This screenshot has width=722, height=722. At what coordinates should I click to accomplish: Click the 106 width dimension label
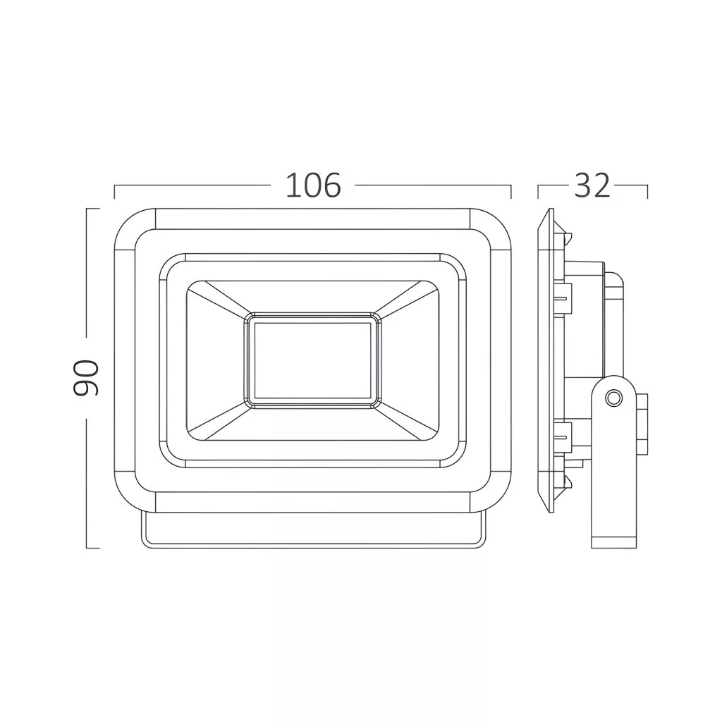tap(313, 185)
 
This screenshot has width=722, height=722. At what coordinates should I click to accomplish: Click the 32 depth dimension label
tap(592, 185)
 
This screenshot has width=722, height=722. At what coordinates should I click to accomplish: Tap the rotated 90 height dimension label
tap(86, 379)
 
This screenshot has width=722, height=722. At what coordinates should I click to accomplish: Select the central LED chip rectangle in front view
tap(312, 360)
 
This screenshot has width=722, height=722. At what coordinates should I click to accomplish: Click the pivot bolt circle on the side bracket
tap(613, 398)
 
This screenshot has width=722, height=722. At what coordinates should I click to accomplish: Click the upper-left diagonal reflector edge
tap(221, 299)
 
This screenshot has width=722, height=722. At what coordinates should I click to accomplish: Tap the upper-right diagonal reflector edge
tap(405, 299)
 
